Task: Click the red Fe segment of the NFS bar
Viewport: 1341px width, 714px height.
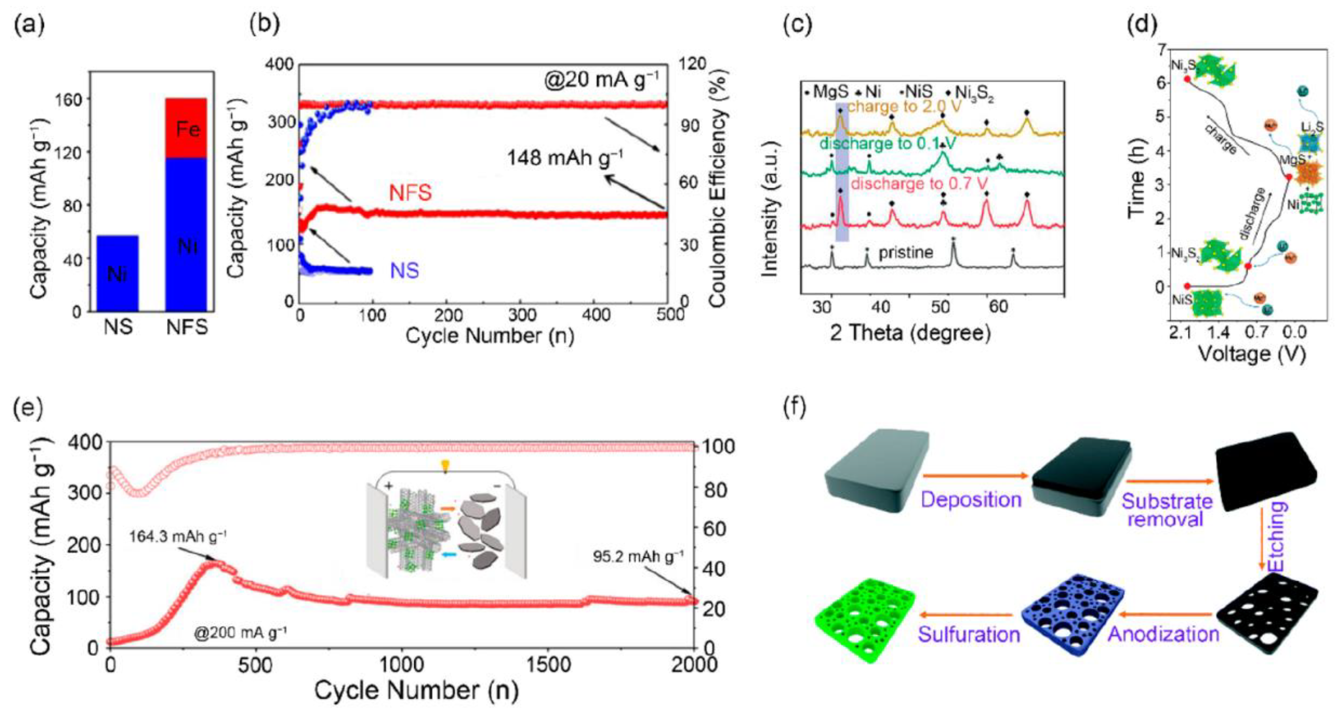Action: pyautogui.click(x=186, y=128)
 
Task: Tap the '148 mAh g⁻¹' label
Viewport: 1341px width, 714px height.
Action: pyautogui.click(x=565, y=157)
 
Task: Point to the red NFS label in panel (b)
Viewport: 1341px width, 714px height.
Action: pyautogui.click(x=411, y=193)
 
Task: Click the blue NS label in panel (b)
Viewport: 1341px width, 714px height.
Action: pyautogui.click(x=404, y=271)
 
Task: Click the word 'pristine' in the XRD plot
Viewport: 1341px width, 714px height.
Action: pyautogui.click(x=906, y=253)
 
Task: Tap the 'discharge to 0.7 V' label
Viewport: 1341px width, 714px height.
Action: pyautogui.click(x=919, y=184)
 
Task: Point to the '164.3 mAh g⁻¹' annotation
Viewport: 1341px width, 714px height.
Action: pyautogui.click(x=178, y=536)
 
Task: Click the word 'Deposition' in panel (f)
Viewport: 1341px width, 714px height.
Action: pyautogui.click(x=971, y=499)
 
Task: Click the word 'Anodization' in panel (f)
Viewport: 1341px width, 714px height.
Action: pyautogui.click(x=1163, y=634)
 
